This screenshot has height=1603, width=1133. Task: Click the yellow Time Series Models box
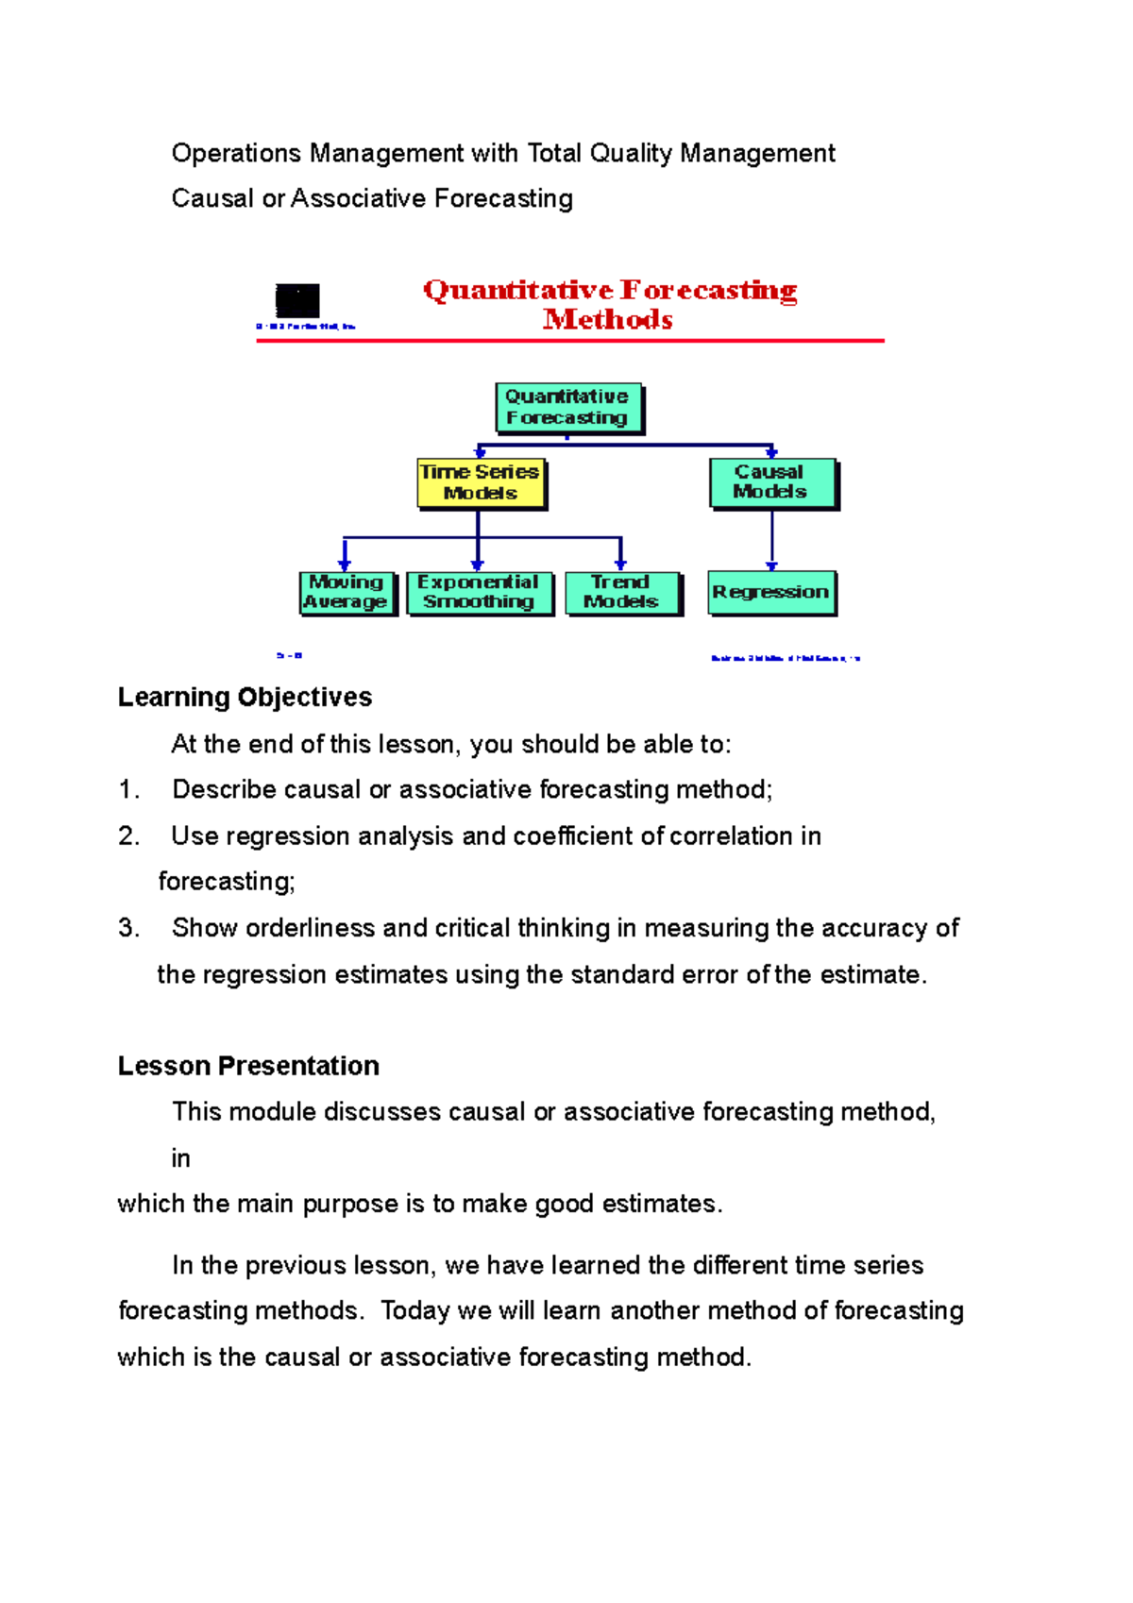(481, 482)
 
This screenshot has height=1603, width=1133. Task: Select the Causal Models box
(771, 482)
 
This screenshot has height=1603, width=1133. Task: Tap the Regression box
(771, 592)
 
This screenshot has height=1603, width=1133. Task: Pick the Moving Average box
(346, 592)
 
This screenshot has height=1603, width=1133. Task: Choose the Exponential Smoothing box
(479, 592)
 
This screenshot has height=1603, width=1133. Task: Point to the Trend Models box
(621, 592)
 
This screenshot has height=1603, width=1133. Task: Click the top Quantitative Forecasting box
(567, 407)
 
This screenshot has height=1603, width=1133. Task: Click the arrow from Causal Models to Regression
(772, 540)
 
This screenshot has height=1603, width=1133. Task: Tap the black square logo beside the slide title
(297, 301)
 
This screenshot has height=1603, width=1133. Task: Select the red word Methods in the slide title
(608, 320)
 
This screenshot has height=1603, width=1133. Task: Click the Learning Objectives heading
(245, 698)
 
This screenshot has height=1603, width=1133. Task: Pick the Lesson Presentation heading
(248, 1066)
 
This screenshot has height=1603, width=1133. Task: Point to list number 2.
(128, 836)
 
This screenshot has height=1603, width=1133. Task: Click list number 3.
(128, 929)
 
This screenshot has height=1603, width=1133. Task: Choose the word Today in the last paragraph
(415, 1311)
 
